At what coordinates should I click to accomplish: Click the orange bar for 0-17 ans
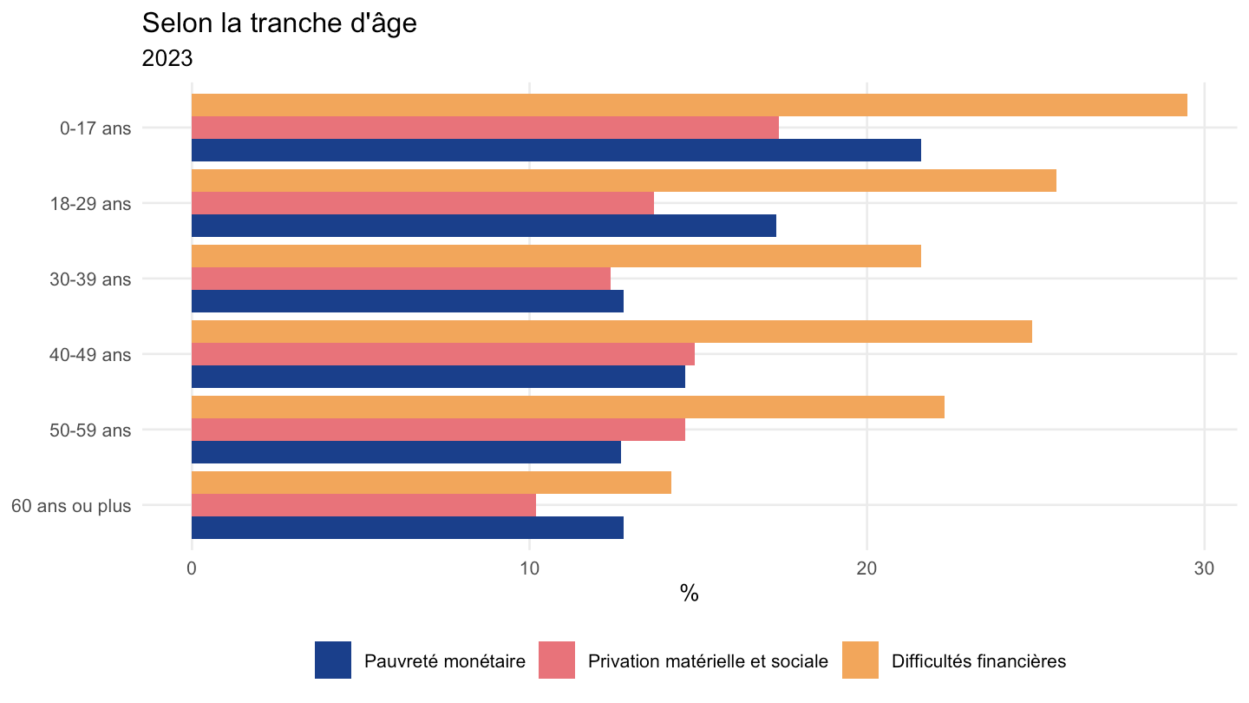click(x=690, y=105)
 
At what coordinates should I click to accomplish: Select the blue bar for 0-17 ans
click(x=556, y=150)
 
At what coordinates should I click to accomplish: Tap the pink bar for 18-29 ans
click(x=422, y=203)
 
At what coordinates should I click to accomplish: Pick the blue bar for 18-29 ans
click(x=483, y=226)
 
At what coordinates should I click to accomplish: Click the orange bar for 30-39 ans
click(x=556, y=256)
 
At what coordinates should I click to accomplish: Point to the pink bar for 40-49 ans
click(x=442, y=354)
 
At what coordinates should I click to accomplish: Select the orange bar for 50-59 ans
click(x=567, y=407)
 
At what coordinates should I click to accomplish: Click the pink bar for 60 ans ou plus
click(x=363, y=505)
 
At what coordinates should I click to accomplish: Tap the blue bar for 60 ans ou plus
click(x=407, y=528)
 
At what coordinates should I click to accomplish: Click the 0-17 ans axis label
click(x=95, y=128)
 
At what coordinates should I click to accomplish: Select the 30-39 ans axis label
click(x=90, y=279)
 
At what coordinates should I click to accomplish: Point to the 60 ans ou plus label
click(x=71, y=506)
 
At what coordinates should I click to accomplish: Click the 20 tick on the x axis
click(x=866, y=568)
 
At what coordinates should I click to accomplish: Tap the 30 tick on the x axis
click(x=1204, y=568)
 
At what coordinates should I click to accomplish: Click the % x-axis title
click(x=690, y=593)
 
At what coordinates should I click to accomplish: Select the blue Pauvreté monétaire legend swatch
click(x=333, y=660)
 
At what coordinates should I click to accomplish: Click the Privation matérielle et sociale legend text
click(x=708, y=661)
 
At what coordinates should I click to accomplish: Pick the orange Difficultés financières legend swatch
click(x=860, y=660)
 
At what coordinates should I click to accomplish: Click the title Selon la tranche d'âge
click(x=279, y=23)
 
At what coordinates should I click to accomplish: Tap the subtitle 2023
click(x=167, y=58)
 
